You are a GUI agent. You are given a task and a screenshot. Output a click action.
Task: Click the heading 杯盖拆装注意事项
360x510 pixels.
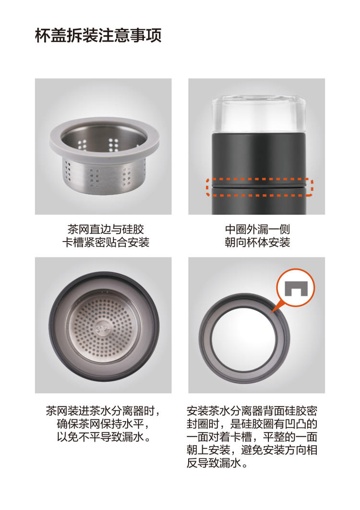[x=98, y=36]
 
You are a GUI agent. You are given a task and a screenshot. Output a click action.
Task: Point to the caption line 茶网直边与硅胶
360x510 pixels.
[x=106, y=229]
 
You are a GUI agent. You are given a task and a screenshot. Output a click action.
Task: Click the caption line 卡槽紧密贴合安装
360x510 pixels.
[x=106, y=243]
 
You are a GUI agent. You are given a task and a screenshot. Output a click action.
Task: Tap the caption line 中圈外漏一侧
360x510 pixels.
[x=257, y=229]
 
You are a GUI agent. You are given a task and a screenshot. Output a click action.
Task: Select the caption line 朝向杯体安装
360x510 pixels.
[x=257, y=243]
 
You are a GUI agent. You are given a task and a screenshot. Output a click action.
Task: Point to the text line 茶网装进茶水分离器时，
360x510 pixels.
[x=103, y=411]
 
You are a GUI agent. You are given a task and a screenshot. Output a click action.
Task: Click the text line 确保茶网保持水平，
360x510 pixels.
[x=103, y=424]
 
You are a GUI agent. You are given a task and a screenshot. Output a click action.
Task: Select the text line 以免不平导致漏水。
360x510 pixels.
[x=103, y=437]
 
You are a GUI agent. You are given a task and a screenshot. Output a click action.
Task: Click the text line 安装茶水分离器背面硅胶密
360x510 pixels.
[x=252, y=411]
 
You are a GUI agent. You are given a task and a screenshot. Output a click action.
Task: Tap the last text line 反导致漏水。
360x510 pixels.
[x=217, y=463]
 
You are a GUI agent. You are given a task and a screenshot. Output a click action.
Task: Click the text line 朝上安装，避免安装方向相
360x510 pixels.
[x=252, y=450]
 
